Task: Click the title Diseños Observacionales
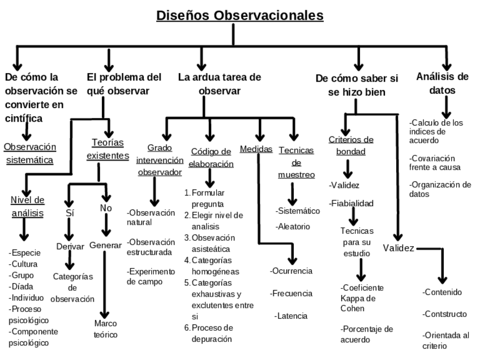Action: coord(239,15)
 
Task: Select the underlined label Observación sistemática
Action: coord(30,153)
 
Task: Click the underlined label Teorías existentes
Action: coord(108,149)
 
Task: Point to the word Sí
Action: coord(70,213)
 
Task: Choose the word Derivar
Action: coord(70,246)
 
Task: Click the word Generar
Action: coord(105,245)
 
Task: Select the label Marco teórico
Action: coord(106,329)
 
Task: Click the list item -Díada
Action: coord(22,286)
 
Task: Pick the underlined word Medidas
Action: coord(256,149)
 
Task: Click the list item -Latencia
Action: coord(291,316)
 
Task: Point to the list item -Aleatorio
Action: coord(293,226)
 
